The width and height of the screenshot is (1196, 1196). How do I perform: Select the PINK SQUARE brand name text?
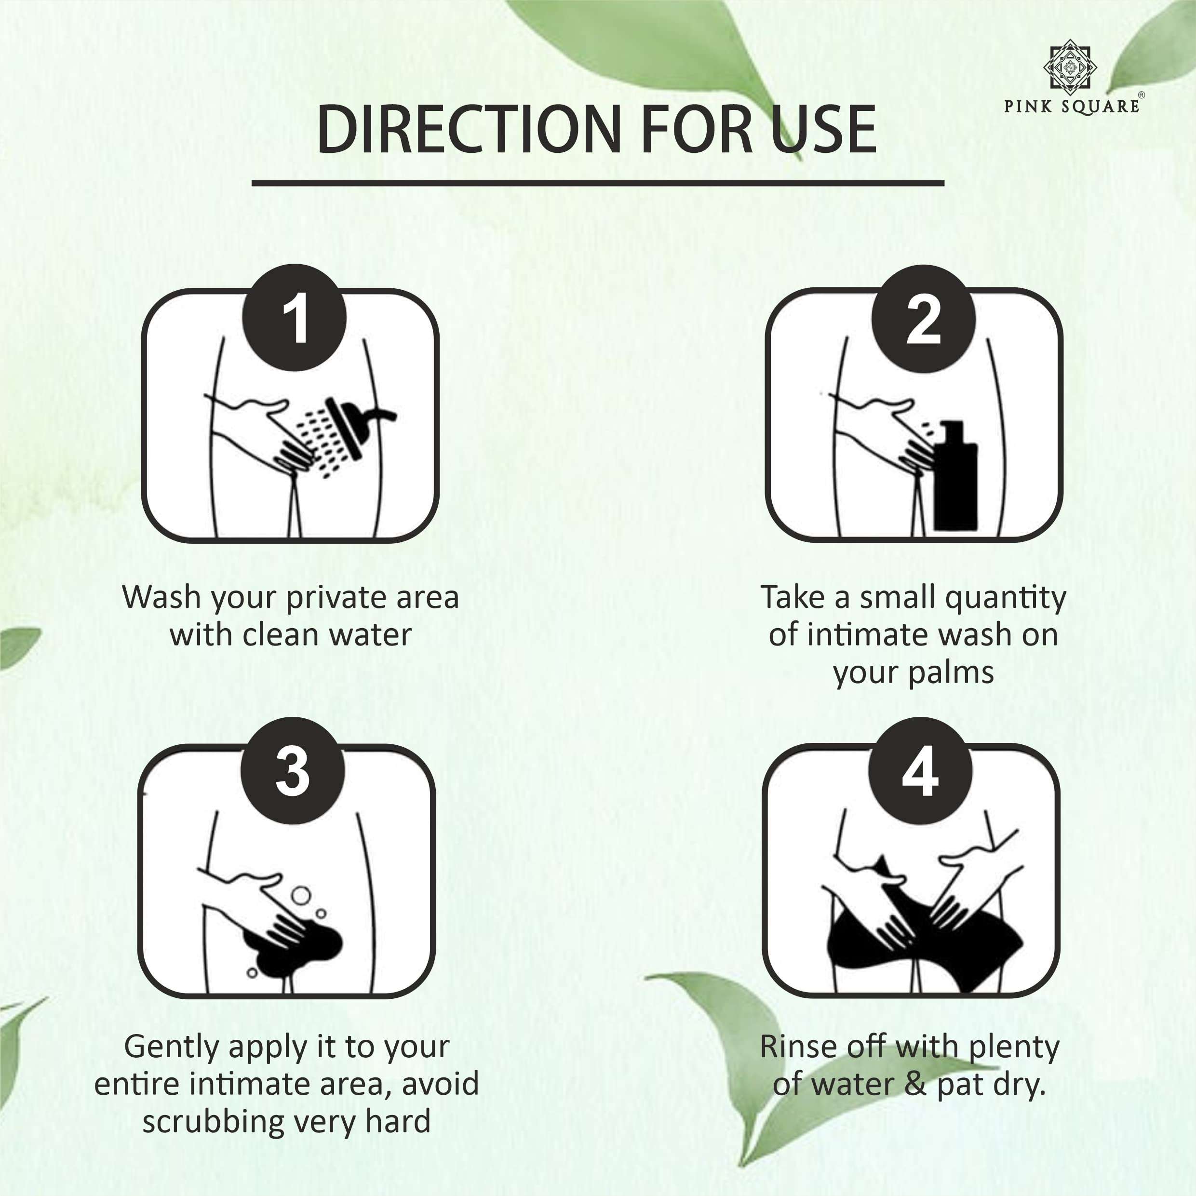(1072, 107)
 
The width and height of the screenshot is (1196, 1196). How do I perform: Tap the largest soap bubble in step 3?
(301, 895)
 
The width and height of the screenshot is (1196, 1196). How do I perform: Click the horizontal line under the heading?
(598, 183)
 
